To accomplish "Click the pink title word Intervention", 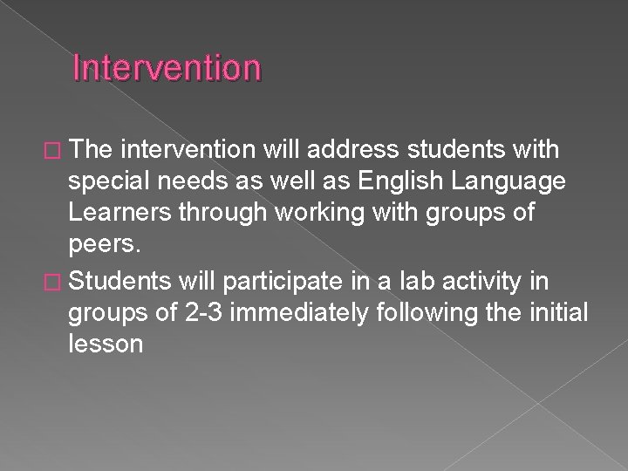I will pos(167,67).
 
